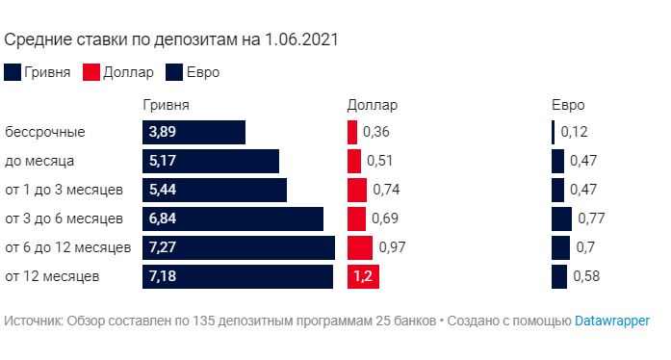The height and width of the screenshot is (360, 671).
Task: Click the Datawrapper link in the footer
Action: [612, 321]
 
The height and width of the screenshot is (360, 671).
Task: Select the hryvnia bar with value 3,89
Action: [194, 132]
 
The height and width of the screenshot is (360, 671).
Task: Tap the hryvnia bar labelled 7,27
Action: [239, 247]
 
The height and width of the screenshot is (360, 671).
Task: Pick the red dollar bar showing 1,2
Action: [363, 276]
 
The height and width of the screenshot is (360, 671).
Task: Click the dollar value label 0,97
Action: [392, 247]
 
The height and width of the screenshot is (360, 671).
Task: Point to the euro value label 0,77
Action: [591, 219]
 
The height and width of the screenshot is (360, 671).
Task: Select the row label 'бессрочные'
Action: [45, 132]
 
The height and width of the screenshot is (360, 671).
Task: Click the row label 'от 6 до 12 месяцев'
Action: [68, 247]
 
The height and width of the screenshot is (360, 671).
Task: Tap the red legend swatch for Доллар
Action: [91, 72]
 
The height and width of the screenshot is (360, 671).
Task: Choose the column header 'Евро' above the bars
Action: [568, 105]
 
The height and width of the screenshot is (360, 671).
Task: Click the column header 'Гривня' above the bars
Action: [166, 105]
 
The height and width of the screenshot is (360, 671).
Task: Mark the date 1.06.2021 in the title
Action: [301, 39]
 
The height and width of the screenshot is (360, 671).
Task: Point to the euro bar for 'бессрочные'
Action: [553, 132]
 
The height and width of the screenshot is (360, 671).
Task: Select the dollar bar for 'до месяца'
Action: [354, 161]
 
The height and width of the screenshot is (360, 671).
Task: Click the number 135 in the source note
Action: [203, 321]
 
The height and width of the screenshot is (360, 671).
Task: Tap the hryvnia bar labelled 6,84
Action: [233, 219]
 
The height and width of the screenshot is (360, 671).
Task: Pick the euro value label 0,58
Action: [586, 276]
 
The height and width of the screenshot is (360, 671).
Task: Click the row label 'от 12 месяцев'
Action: [52, 276]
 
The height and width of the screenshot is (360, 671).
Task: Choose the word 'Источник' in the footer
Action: [34, 321]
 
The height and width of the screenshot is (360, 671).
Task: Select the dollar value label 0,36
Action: [376, 132]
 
